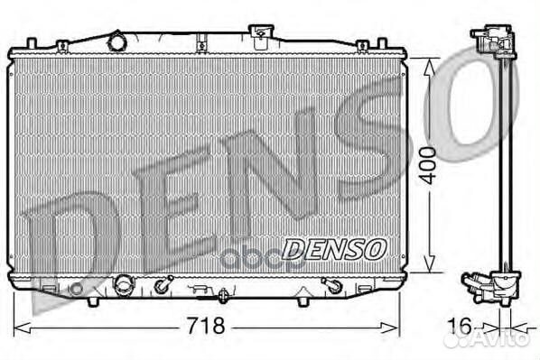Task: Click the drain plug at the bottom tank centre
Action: click(222, 293)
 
